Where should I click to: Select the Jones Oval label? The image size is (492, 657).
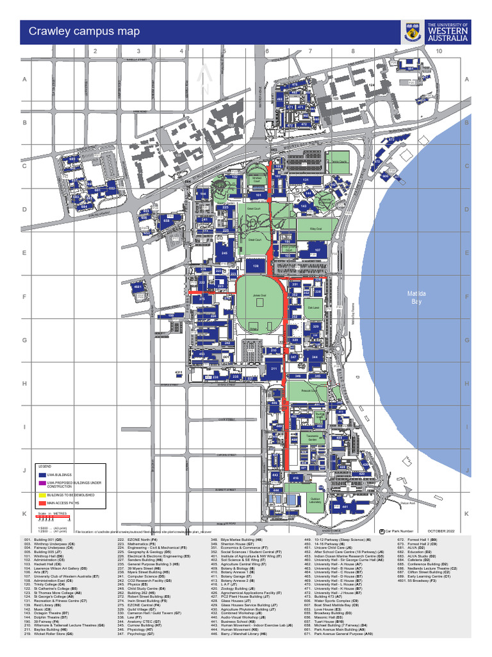(x=258, y=296)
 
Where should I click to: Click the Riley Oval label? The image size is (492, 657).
(x=315, y=228)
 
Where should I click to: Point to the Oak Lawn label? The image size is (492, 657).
(x=313, y=308)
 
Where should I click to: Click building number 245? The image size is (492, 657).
(x=224, y=253)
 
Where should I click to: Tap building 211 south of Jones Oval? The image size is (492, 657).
(x=274, y=369)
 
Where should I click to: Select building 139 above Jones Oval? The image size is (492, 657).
(x=256, y=266)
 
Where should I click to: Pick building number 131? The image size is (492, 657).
(x=306, y=180)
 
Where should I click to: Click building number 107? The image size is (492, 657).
(x=316, y=250)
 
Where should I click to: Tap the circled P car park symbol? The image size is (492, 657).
(x=382, y=531)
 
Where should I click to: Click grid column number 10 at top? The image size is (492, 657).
(x=439, y=51)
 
